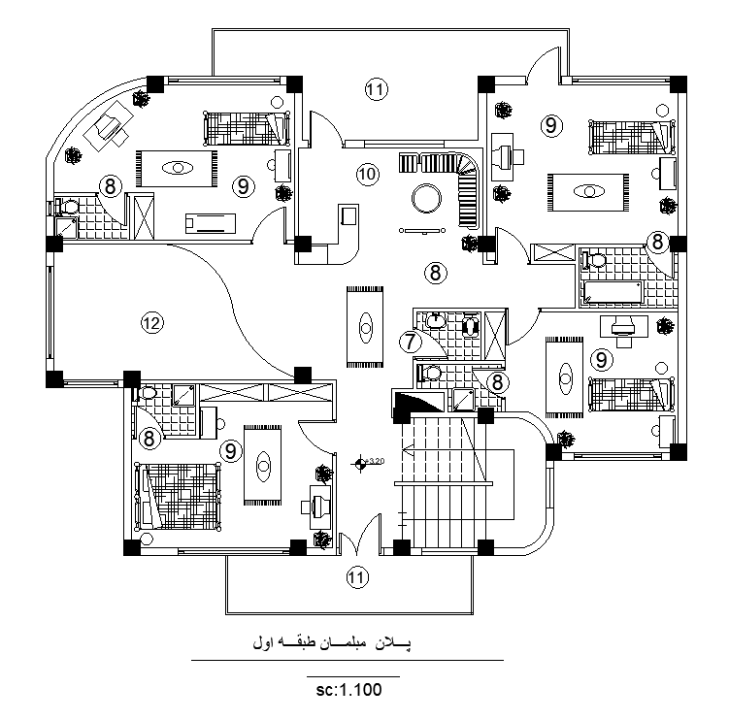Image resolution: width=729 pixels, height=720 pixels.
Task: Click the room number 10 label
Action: click(366, 174)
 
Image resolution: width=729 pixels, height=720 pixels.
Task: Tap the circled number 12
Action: click(150, 322)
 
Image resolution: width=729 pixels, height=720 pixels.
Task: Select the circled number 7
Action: click(411, 341)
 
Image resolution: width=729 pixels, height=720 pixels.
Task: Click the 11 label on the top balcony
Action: click(376, 89)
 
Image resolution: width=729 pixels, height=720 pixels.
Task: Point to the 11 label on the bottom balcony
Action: click(357, 577)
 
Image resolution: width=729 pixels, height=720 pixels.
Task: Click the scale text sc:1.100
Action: click(348, 691)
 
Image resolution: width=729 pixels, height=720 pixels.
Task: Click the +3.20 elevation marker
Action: click(361, 463)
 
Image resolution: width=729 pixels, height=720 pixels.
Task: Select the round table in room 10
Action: click(426, 198)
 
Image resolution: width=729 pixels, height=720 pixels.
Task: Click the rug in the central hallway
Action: click(365, 327)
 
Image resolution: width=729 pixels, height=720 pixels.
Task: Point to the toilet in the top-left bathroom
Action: click(67, 207)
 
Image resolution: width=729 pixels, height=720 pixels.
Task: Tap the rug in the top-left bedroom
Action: click(174, 167)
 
